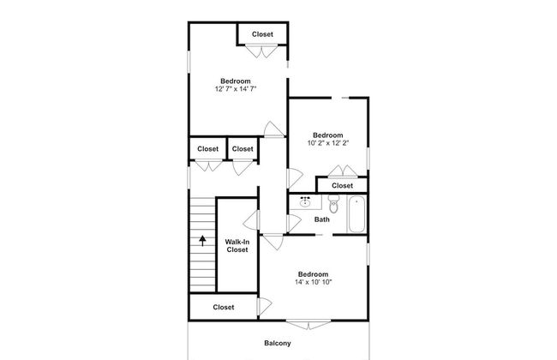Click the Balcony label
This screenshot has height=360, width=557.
click(x=278, y=343)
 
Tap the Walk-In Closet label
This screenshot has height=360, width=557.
click(x=237, y=245)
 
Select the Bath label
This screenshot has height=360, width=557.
click(x=322, y=219)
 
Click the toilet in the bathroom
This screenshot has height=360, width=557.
click(x=333, y=203)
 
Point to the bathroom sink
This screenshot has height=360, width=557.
click(x=305, y=201)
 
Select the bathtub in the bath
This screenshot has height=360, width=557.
click(x=356, y=214)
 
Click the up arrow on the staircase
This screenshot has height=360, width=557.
click(x=202, y=241)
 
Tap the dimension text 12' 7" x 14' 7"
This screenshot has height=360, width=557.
click(x=236, y=89)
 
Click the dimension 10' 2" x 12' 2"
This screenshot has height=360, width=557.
click(x=328, y=143)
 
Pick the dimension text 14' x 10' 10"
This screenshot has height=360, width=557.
click(x=314, y=282)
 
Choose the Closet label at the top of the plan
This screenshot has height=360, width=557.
click(x=262, y=34)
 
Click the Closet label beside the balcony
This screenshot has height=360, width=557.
click(x=224, y=307)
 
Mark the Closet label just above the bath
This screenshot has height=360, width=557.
click(x=343, y=185)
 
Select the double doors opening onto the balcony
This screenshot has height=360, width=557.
click(x=308, y=325)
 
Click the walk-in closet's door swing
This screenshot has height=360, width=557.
click(x=251, y=220)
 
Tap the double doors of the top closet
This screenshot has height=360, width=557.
click(x=262, y=51)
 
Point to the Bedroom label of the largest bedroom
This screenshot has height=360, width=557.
click(x=236, y=81)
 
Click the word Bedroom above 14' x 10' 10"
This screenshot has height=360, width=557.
click(x=314, y=274)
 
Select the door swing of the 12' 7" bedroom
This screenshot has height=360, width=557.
click(x=274, y=129)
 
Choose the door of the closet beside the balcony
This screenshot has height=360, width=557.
click(x=265, y=306)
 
